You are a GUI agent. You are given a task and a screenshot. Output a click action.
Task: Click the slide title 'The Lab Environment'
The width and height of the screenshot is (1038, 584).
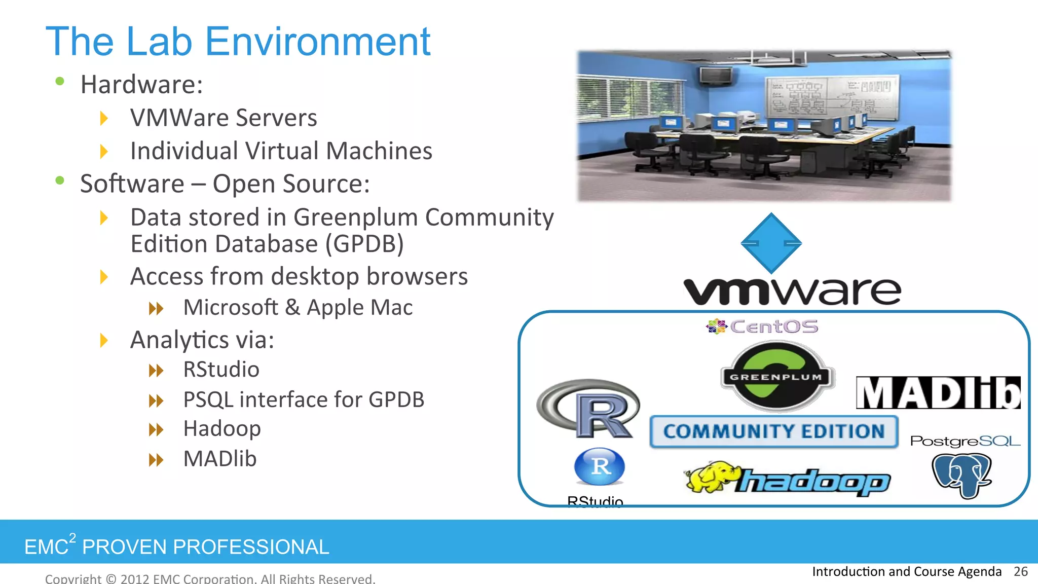[238, 42]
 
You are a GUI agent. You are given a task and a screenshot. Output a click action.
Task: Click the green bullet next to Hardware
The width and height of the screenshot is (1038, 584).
[60, 81]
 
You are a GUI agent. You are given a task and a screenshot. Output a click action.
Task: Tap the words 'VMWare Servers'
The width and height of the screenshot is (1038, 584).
[224, 118]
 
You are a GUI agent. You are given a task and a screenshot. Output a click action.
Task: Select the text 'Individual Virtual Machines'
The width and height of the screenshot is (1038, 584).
[281, 151]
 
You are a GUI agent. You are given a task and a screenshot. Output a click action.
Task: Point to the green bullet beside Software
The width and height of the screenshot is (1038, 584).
[60, 180]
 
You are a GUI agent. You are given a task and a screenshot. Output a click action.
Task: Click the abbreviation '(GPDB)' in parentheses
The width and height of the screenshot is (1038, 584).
[364, 244]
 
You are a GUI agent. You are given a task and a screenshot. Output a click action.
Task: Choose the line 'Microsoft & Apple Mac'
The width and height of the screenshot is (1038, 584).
[298, 308]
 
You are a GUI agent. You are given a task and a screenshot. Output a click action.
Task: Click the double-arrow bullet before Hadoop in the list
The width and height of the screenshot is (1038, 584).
[156, 430]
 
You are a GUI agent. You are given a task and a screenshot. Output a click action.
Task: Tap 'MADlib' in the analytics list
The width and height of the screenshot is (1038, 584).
[220, 459]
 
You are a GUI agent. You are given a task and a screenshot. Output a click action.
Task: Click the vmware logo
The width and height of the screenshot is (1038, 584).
[792, 291]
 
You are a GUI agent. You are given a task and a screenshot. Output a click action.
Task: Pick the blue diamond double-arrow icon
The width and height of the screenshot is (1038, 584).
[771, 243]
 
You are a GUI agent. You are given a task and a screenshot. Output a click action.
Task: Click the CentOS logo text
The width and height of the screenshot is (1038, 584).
[773, 326]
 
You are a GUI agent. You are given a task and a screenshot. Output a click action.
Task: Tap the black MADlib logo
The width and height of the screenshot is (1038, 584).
[938, 393]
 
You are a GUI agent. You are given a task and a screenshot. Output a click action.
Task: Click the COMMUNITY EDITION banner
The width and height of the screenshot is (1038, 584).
[773, 431]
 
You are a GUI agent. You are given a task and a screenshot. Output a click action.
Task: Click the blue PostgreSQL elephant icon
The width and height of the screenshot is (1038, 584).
[961, 475]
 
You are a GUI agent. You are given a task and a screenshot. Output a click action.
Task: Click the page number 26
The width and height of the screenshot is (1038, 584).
[1020, 572]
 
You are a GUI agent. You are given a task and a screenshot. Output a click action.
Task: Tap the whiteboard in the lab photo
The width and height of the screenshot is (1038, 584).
[831, 96]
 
